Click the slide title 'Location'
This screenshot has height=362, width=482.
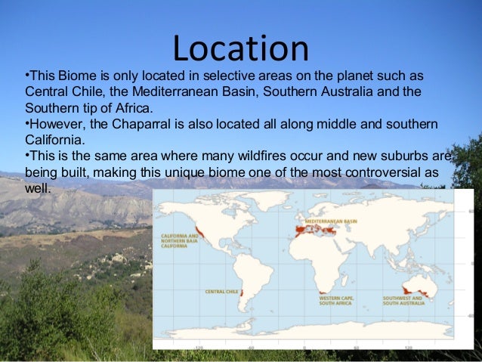click(240, 48)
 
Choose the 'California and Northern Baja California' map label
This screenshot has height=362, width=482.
click(181, 240)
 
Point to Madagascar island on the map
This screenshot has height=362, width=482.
click(348, 277)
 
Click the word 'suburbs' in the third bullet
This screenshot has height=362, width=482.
click(411, 156)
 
